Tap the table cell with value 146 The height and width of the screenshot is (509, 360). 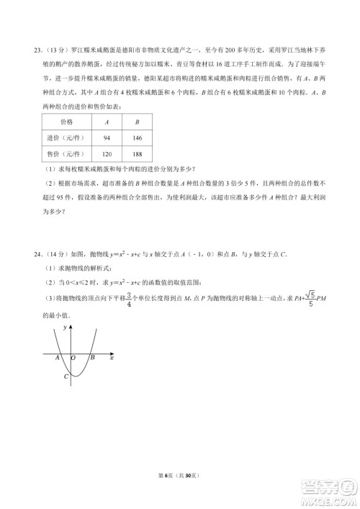tap(137, 138)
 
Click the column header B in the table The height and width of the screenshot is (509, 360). tap(137, 122)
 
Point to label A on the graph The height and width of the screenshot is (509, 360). tap(57, 356)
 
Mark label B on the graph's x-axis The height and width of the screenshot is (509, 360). tap(92, 356)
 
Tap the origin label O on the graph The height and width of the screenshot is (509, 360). tap(73, 356)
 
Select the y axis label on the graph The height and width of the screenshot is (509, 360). tap(66, 328)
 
